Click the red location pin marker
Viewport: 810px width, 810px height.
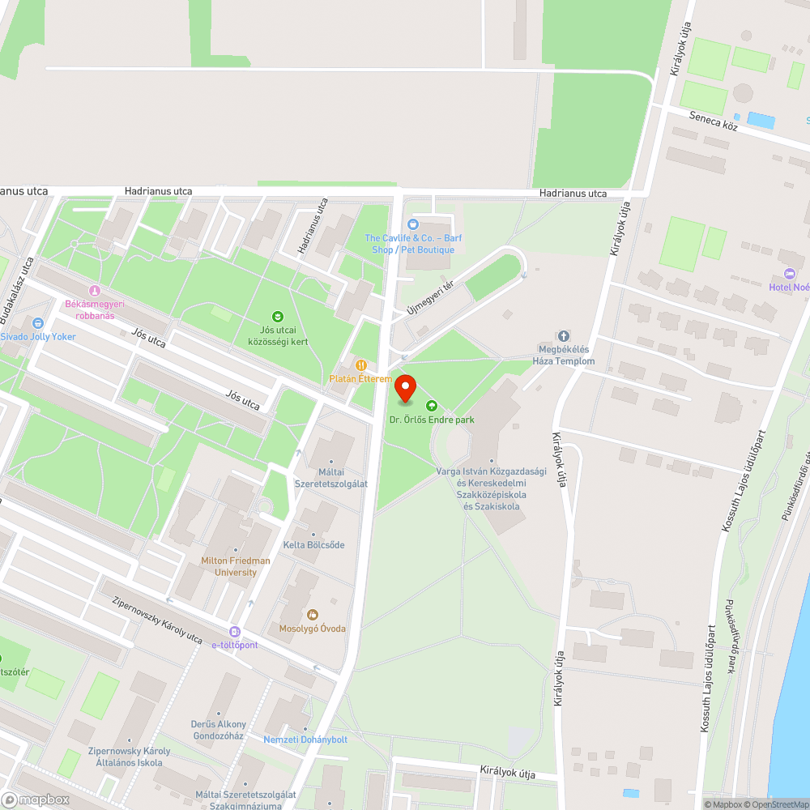405,389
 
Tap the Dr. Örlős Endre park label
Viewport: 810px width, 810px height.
432,420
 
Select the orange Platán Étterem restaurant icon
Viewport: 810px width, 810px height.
360,365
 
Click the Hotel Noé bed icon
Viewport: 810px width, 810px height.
790,274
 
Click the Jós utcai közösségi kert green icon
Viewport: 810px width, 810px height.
278,317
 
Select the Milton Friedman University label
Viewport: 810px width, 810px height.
236,566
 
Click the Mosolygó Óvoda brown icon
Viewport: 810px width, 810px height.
313,615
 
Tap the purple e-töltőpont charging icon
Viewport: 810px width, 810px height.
235,632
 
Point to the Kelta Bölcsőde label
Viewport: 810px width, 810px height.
313,545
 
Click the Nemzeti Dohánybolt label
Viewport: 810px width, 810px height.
305,740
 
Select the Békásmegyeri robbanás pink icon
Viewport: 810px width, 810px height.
94,291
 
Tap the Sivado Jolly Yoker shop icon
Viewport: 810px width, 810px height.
37,323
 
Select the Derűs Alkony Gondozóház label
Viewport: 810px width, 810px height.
219,730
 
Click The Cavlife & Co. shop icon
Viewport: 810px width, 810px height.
413,224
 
